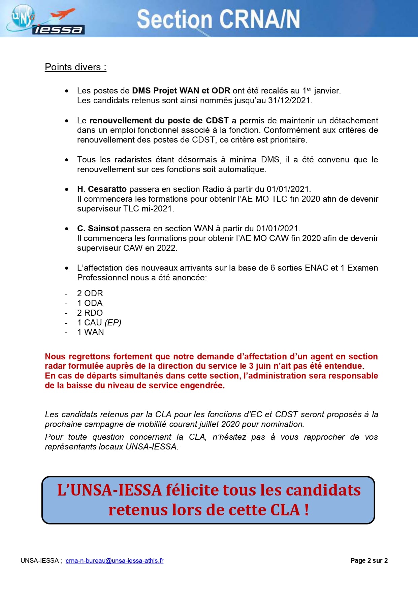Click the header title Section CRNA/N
(x=218, y=19)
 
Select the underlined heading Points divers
(x=75, y=67)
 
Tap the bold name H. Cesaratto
(x=102, y=189)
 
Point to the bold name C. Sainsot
(x=98, y=229)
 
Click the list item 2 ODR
(x=90, y=293)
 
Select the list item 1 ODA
(x=90, y=303)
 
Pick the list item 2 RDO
(x=90, y=313)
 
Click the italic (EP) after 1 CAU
(x=113, y=323)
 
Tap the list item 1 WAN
(x=90, y=332)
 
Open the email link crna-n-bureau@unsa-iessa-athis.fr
(x=115, y=561)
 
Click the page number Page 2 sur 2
(x=369, y=561)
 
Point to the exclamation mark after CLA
(x=306, y=510)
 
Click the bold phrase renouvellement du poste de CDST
(x=159, y=121)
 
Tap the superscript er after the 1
(x=309, y=89)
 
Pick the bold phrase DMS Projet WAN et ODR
(x=181, y=91)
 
